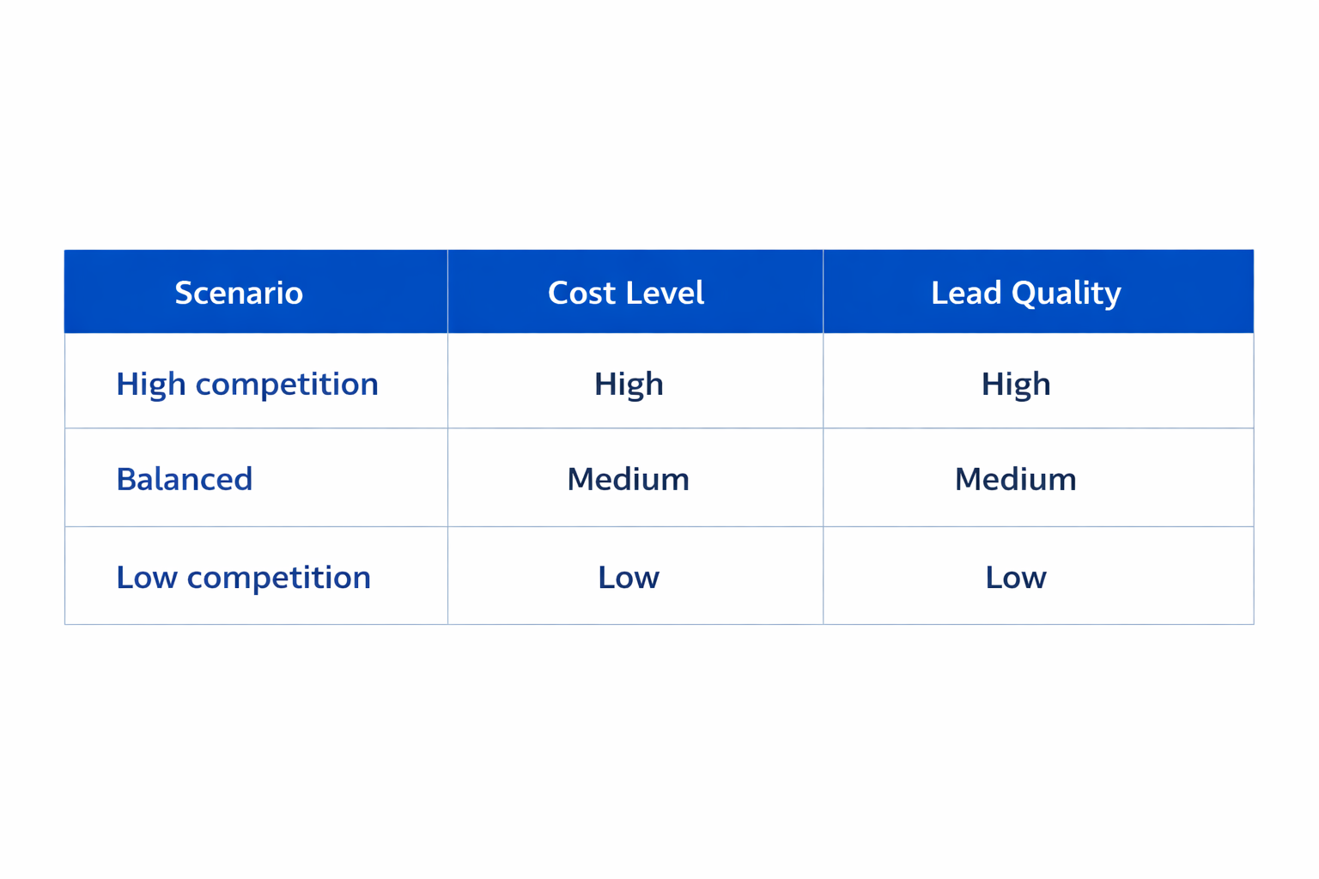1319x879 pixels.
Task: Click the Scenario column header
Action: [x=239, y=293]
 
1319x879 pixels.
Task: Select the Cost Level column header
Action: [x=626, y=293]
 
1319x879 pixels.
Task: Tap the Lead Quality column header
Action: [x=1025, y=293]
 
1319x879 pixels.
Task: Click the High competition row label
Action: [x=247, y=384]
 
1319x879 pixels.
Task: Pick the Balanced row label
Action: [x=185, y=479]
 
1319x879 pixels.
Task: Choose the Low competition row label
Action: [x=244, y=577]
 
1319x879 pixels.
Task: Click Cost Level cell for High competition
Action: [x=629, y=384]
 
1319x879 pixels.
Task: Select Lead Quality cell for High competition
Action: [x=1016, y=384]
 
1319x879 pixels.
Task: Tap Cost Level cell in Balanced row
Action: [x=628, y=479]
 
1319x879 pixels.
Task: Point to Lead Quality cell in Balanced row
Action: [x=1015, y=479]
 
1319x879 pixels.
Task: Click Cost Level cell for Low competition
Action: [x=629, y=577]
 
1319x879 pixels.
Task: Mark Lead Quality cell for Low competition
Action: [x=1016, y=577]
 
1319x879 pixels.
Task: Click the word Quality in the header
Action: [x=1067, y=294]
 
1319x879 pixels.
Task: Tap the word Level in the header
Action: [x=665, y=293]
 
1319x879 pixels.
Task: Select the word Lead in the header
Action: [x=966, y=293]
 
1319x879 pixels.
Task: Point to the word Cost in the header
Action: [x=581, y=293]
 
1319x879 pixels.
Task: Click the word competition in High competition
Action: [x=287, y=385]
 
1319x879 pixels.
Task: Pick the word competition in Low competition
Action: [x=279, y=578]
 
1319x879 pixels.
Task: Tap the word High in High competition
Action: [x=151, y=384]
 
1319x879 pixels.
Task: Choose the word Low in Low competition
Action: [x=147, y=577]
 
